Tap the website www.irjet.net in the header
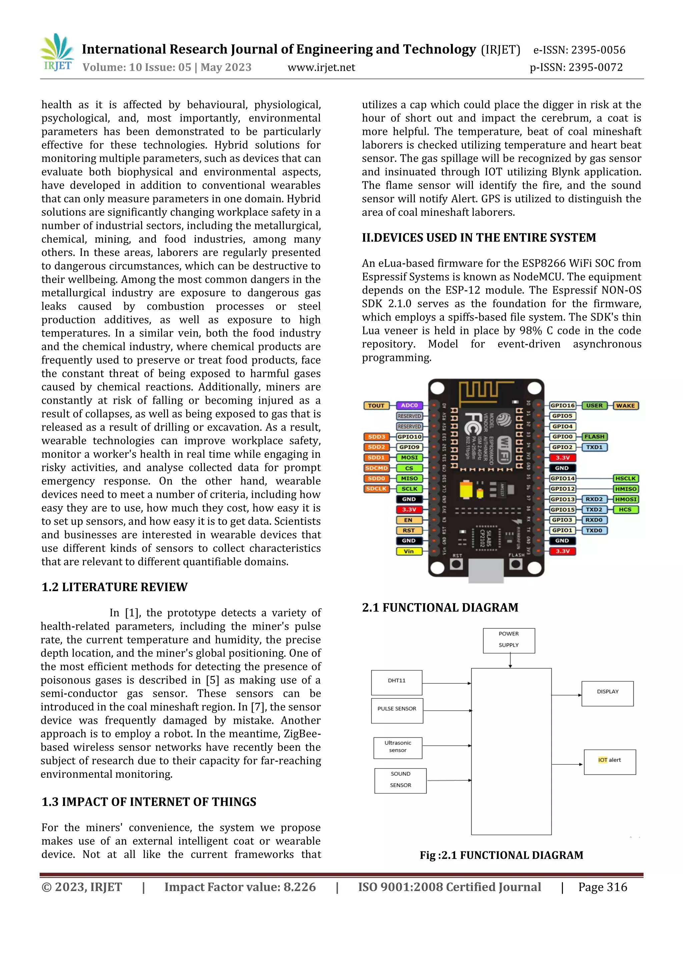[321, 67]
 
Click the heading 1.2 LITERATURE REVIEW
[114, 587]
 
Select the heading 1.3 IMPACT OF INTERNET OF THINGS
[148, 802]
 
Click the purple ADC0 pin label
[409, 406]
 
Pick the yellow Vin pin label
[409, 551]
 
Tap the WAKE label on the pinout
[625, 406]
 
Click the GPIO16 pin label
[562, 406]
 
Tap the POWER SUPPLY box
[509, 640]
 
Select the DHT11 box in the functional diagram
[397, 682]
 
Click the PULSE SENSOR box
[397, 711]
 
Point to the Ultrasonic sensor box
[398, 748]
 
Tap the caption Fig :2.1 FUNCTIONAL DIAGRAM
[501, 855]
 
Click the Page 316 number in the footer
[602, 887]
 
